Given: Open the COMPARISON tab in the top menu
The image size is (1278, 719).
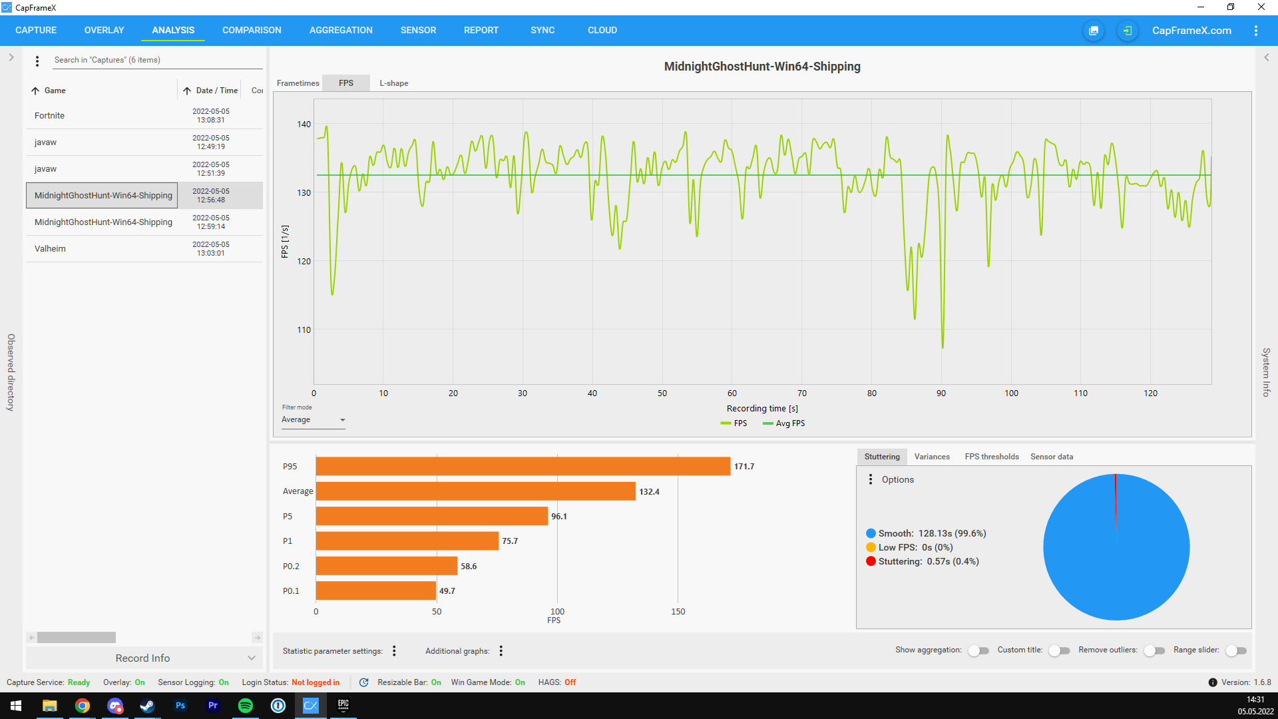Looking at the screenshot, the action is tap(252, 30).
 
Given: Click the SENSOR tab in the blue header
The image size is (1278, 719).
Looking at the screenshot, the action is tap(418, 30).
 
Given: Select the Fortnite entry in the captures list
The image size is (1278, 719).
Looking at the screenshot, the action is tap(49, 116).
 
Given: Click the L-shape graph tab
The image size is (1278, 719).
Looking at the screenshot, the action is tap(394, 83).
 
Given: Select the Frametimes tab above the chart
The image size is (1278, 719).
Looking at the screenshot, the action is tap(298, 83).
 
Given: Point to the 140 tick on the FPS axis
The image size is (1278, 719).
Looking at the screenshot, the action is tap(304, 124).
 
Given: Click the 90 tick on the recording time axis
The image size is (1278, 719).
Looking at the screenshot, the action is tap(941, 393).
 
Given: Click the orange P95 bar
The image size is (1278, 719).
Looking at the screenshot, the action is tap(523, 467).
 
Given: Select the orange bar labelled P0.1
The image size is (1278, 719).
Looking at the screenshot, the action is tap(376, 591).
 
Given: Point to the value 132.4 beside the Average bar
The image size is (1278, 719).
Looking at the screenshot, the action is tap(650, 492).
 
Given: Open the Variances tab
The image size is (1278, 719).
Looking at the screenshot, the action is tap(932, 457).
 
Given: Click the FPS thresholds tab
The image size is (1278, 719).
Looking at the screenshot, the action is tap(992, 457).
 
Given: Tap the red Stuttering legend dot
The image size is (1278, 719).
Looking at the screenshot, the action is tap(871, 561).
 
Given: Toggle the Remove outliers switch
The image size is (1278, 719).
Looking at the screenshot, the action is tap(1155, 650).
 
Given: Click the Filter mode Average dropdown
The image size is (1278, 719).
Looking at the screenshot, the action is tap(313, 420).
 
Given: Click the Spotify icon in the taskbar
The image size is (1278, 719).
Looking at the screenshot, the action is tap(246, 706).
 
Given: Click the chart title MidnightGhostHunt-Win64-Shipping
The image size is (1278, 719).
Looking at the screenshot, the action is tap(762, 67).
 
